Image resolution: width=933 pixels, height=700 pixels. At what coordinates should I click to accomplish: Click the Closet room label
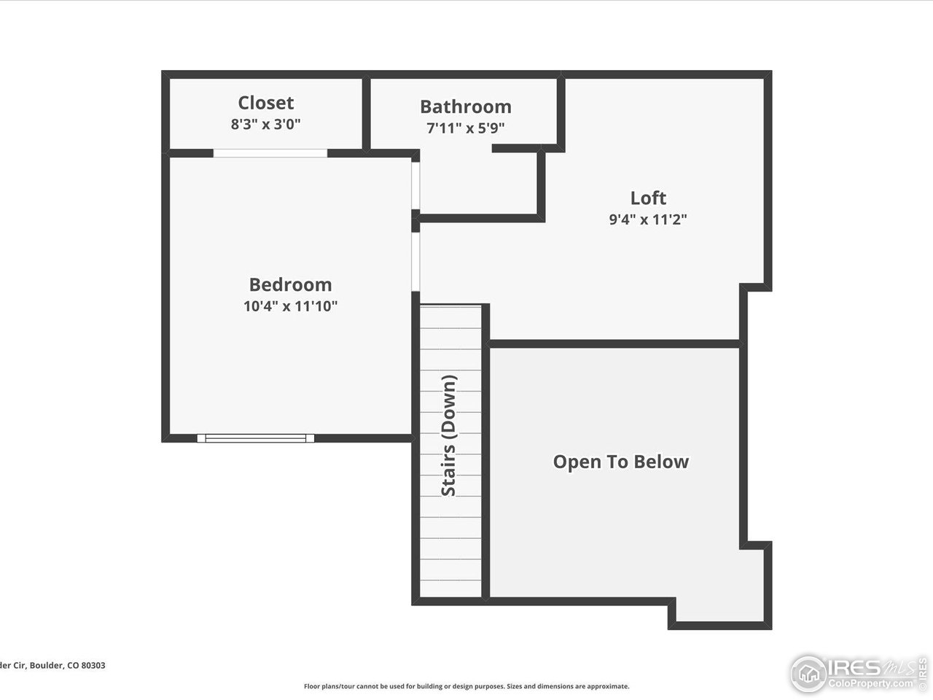click(x=266, y=103)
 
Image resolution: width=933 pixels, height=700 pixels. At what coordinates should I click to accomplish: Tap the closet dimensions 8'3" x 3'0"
click(x=266, y=124)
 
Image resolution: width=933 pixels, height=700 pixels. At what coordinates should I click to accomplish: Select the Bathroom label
click(x=466, y=106)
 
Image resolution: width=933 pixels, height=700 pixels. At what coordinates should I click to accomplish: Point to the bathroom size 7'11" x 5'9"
click(x=466, y=128)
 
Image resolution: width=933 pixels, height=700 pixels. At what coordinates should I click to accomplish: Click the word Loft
click(x=648, y=198)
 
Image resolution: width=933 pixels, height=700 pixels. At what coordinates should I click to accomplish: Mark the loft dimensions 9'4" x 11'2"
click(x=648, y=219)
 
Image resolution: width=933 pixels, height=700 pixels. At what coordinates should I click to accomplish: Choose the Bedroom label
click(x=290, y=284)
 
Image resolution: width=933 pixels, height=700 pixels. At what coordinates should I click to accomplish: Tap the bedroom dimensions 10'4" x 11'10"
click(x=290, y=306)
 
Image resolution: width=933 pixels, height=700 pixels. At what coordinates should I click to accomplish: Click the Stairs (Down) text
click(x=449, y=436)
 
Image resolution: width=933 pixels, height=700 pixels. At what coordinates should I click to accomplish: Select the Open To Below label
click(x=620, y=462)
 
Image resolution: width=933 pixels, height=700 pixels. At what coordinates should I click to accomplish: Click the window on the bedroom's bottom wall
click(x=256, y=438)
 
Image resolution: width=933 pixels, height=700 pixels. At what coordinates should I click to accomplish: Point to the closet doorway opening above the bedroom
click(x=270, y=153)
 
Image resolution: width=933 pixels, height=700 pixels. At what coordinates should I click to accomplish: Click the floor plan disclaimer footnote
click(x=466, y=686)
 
